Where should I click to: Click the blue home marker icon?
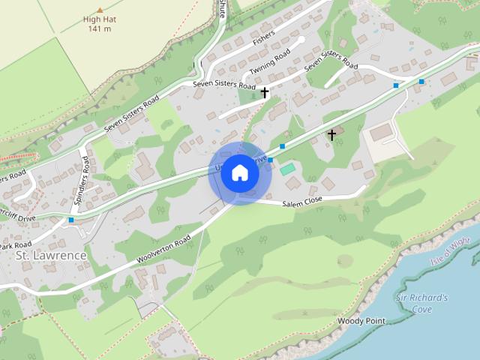[239, 173]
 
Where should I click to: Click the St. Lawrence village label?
[51, 255]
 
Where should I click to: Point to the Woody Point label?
[361, 321]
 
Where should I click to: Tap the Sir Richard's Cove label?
[422, 303]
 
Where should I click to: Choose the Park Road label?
[15, 245]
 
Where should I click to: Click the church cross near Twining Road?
[265, 92]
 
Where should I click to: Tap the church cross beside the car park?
[331, 135]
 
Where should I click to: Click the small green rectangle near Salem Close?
[287, 170]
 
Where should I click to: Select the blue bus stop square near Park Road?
[71, 220]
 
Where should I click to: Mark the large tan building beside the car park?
[381, 133]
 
